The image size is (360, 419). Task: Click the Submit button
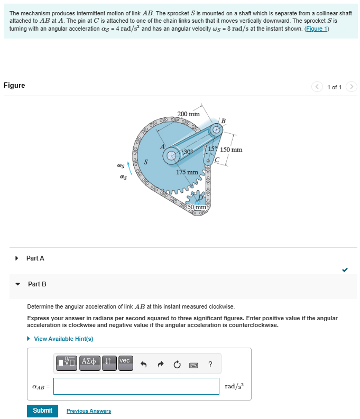(x=42, y=411)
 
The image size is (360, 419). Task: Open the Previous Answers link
(x=89, y=411)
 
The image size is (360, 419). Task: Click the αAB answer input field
(x=136, y=386)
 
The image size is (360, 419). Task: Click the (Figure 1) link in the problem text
(x=317, y=29)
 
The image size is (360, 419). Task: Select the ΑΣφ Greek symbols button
(x=89, y=363)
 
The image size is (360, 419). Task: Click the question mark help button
(x=210, y=364)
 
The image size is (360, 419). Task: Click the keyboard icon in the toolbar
(x=193, y=364)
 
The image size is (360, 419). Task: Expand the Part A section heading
(x=35, y=258)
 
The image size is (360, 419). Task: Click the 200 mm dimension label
(x=188, y=114)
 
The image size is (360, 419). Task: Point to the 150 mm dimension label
(x=232, y=150)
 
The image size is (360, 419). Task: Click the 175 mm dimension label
(x=187, y=172)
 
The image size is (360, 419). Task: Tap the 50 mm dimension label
(x=197, y=207)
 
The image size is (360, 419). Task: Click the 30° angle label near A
(x=187, y=152)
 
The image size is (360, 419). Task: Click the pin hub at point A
(x=171, y=155)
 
